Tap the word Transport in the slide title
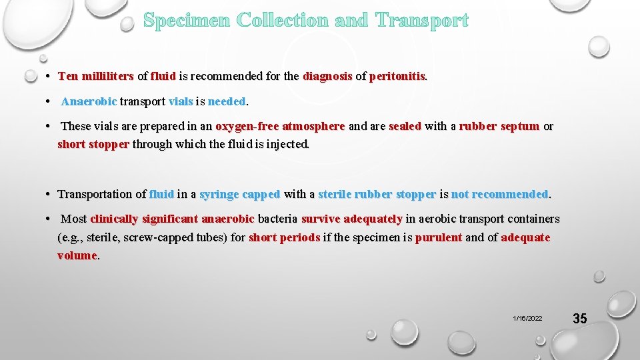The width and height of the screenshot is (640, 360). [x=422, y=21]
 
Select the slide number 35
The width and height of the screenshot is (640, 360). [x=580, y=319]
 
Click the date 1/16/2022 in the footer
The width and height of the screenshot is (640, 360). [x=527, y=319]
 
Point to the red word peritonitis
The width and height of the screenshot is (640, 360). [x=397, y=77]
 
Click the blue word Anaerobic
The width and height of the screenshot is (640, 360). [x=89, y=102]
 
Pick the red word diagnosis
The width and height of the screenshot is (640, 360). [x=327, y=77]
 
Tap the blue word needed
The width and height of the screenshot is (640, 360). [x=227, y=102]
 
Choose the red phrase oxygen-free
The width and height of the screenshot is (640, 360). [x=247, y=127]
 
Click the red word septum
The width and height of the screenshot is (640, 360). [x=519, y=127]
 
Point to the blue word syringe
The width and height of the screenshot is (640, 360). [x=220, y=195]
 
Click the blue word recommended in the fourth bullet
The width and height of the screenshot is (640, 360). [x=509, y=195]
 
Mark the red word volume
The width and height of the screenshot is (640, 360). [x=77, y=255]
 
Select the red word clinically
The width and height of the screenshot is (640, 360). [x=114, y=219]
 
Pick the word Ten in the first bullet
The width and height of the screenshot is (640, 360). [x=68, y=77]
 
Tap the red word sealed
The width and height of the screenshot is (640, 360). [x=405, y=127]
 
